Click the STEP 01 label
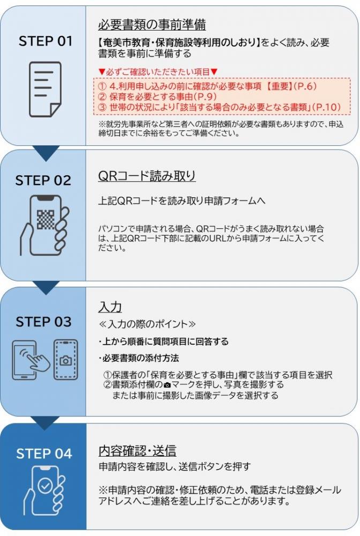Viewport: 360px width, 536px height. [x=45, y=41]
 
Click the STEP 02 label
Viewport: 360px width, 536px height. [x=43, y=180]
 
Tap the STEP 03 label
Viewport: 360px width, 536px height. [x=43, y=322]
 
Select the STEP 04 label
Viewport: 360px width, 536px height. [x=43, y=453]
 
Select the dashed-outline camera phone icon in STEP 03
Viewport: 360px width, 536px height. [x=65, y=360]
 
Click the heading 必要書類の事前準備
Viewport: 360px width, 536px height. [x=152, y=25]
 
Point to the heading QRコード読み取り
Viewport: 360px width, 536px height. [x=147, y=176]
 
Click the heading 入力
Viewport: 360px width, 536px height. [x=110, y=307]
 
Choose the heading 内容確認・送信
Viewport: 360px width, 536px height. [x=137, y=450]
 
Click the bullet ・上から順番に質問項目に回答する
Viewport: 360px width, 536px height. [x=163, y=341]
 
